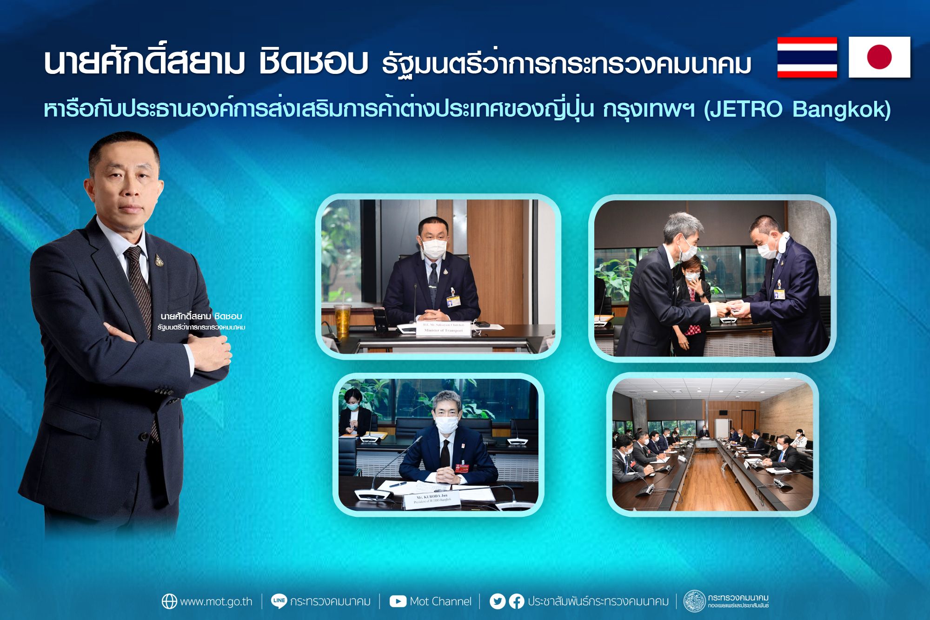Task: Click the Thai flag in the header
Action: [807, 57]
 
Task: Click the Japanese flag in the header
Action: [879, 57]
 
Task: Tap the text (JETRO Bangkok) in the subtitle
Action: [797, 110]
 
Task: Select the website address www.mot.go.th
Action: [216, 601]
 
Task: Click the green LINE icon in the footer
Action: [279, 601]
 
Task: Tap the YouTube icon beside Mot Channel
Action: [398, 601]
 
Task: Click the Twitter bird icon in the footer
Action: [497, 601]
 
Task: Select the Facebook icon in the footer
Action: [516, 601]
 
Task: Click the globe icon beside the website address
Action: [169, 601]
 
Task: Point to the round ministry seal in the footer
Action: [694, 601]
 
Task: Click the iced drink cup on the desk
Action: [342, 318]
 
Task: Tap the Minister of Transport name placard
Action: [443, 328]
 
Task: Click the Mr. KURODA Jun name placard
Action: [432, 500]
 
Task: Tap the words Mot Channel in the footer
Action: [440, 601]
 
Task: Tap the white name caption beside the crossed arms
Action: [201, 321]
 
